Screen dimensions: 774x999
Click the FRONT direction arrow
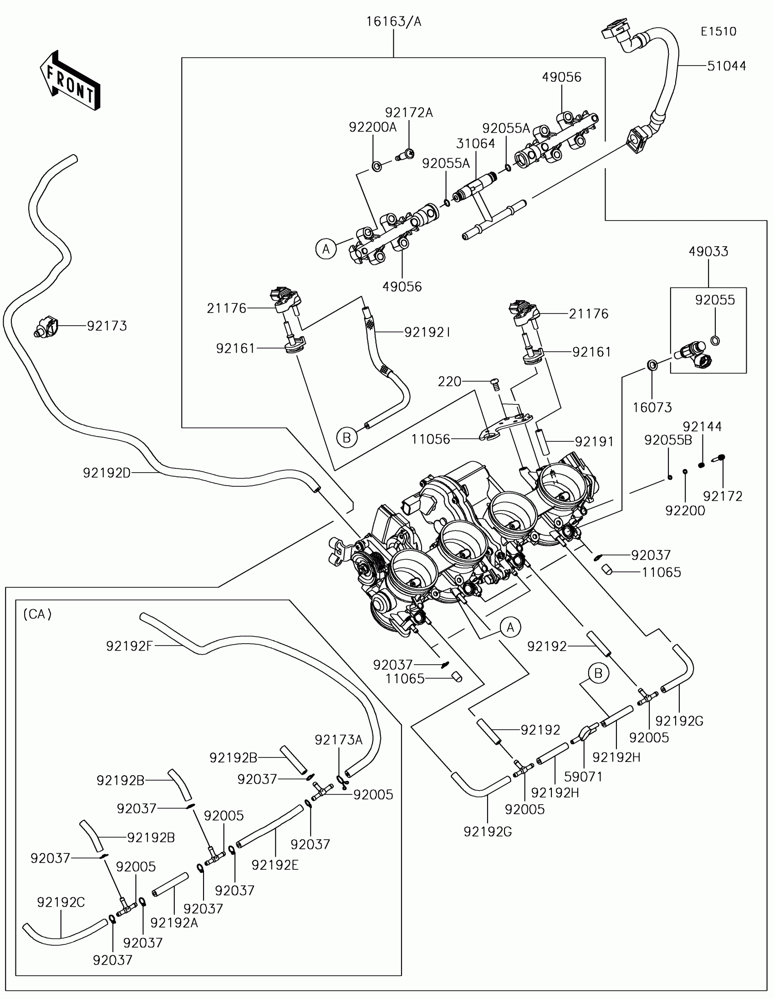point(70,81)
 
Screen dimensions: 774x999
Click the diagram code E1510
point(718,31)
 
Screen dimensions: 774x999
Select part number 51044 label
point(726,66)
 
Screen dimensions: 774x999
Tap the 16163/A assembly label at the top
point(394,21)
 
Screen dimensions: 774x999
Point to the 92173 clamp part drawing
point(46,327)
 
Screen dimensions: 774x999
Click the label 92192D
point(107,473)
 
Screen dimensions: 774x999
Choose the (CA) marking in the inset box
point(37,614)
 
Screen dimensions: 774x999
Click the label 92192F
point(130,646)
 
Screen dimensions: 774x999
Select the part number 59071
point(583,776)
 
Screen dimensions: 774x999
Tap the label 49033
point(708,251)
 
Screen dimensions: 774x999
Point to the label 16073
point(652,407)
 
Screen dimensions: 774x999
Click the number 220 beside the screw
point(449,382)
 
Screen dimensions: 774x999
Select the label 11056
point(431,439)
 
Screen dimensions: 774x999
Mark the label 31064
point(476,144)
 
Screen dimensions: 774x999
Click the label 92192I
point(427,333)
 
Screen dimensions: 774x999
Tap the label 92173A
point(338,740)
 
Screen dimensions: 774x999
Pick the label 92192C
point(61,902)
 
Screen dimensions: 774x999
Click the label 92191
point(594,441)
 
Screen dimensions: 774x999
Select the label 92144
point(702,426)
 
